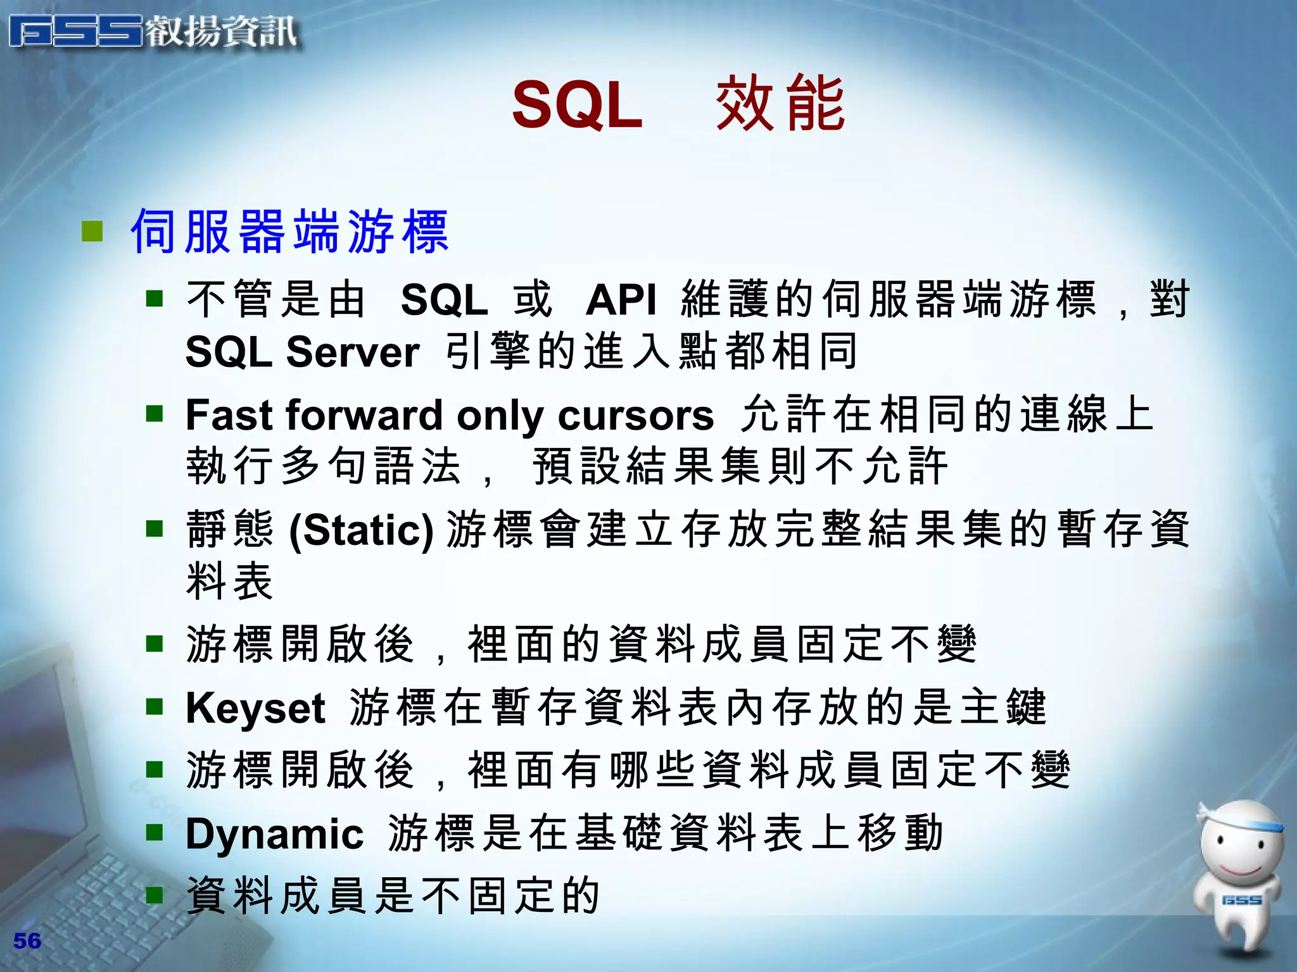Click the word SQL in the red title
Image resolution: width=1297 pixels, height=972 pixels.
coord(577,105)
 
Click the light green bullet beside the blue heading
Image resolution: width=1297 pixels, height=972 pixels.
coord(92,232)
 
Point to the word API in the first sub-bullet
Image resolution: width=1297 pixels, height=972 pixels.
coord(621,300)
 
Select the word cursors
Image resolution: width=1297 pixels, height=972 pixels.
coord(636,416)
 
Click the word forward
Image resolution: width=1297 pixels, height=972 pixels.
coord(365,416)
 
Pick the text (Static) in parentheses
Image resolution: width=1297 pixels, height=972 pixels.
coord(361,530)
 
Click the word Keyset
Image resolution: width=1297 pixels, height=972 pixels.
coord(255,708)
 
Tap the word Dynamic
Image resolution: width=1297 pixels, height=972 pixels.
coord(274,833)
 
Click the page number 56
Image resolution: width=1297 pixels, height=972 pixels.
coord(27,941)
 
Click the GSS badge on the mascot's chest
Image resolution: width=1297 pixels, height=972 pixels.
coord(1241,900)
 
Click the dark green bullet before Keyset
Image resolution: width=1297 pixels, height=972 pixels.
coord(155,706)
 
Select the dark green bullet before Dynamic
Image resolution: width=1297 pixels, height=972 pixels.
coord(155,832)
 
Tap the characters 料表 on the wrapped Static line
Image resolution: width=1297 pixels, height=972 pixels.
coord(229,581)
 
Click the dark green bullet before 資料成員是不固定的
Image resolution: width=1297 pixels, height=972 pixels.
coord(155,895)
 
